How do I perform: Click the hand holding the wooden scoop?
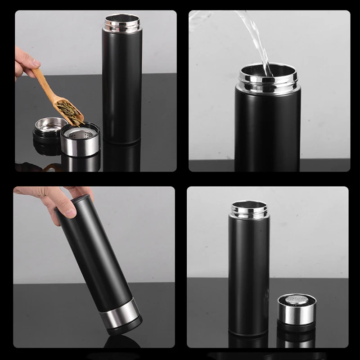click(x=25, y=63)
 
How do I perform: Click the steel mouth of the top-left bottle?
click(x=122, y=22)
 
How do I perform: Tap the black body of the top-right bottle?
click(x=268, y=130)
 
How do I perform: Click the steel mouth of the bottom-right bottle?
click(x=249, y=209)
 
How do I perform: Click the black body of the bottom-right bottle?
click(x=249, y=274)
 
